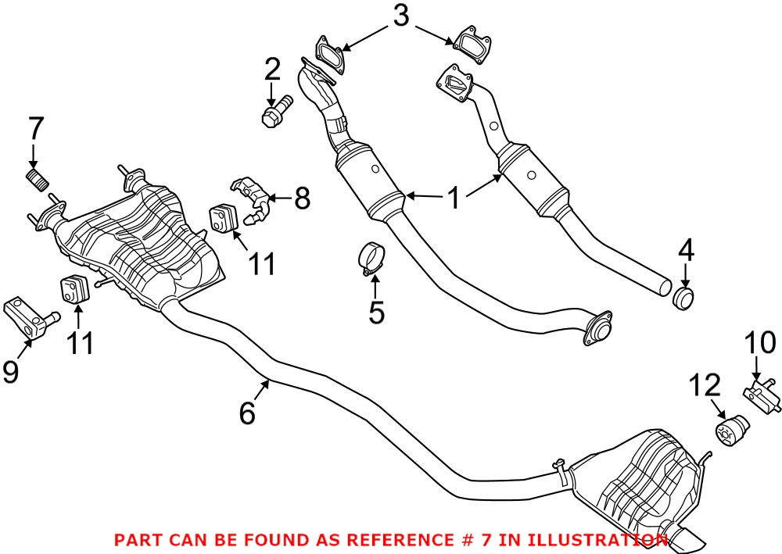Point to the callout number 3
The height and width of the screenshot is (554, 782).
pyautogui.click(x=400, y=16)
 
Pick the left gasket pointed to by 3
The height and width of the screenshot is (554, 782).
pyautogui.click(x=328, y=52)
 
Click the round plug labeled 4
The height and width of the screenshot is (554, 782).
pyautogui.click(x=684, y=298)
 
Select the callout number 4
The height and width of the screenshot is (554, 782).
pyautogui.click(x=685, y=252)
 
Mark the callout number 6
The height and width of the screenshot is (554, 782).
pyautogui.click(x=247, y=413)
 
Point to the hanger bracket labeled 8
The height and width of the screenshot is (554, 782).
pyautogui.click(x=252, y=199)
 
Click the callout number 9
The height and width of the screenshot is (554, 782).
pyautogui.click(x=11, y=371)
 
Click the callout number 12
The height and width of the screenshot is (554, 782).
pyautogui.click(x=702, y=385)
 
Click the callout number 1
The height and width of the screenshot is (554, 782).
pyautogui.click(x=454, y=198)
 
